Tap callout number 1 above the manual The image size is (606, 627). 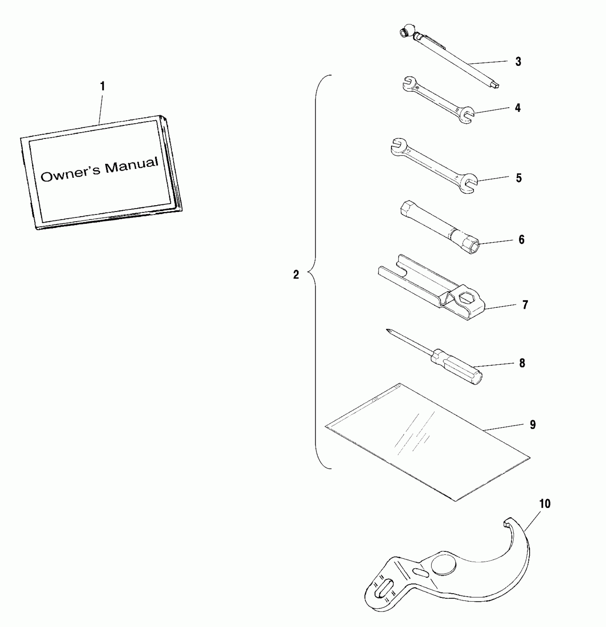click(102, 87)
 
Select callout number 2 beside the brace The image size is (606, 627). click(296, 275)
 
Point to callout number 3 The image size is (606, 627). click(518, 62)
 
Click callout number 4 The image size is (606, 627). click(518, 108)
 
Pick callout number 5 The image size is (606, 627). click(519, 178)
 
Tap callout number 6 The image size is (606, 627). click(522, 240)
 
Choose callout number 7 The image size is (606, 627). click(525, 305)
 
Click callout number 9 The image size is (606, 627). click(533, 424)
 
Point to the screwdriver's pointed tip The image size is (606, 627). click(388, 331)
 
